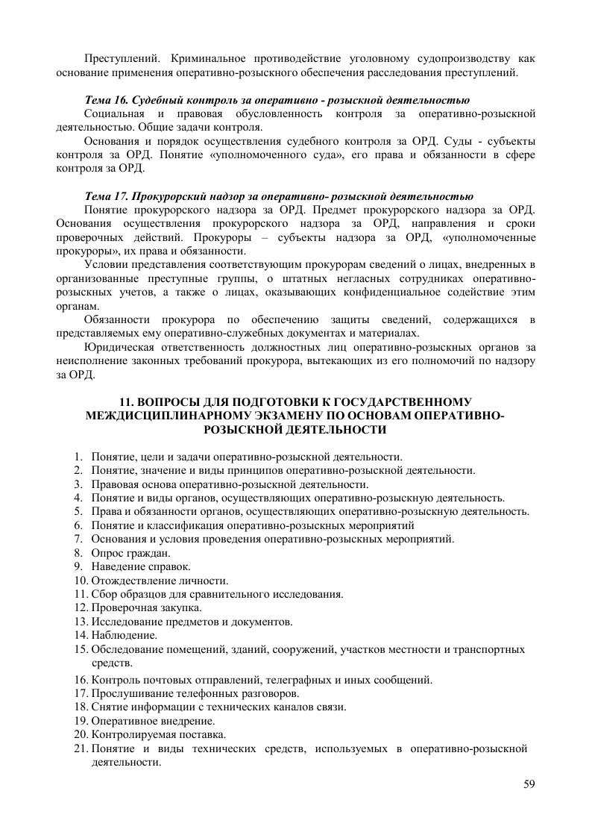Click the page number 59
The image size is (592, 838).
[530, 784]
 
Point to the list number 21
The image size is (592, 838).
[81, 748]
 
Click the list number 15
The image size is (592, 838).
[81, 649]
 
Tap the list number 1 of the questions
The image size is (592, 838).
[77, 456]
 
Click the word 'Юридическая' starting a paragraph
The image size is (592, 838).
[119, 347]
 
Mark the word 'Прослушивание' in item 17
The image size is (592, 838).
[127, 693]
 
